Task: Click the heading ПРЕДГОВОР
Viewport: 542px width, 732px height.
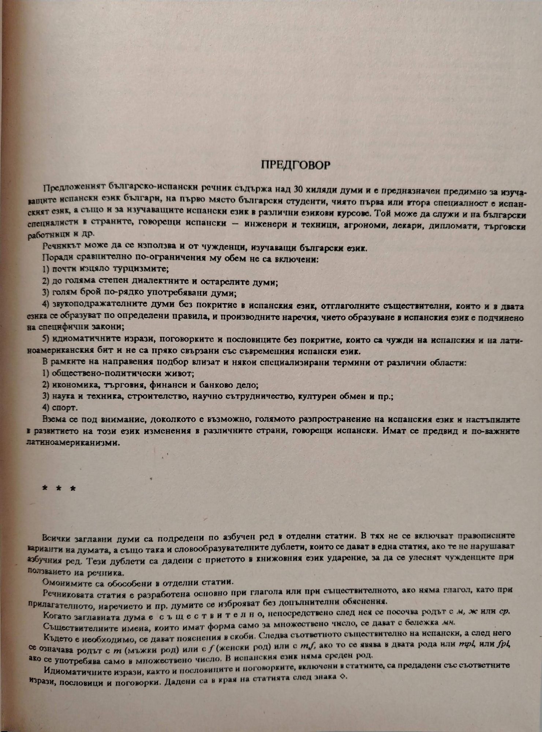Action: [296, 165]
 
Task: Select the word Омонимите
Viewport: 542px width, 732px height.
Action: [63, 581]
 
